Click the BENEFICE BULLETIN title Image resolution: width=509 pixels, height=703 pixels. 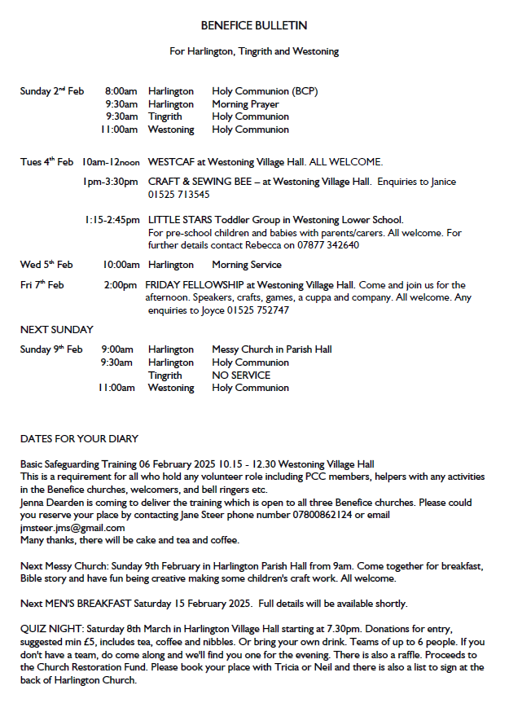tap(253, 27)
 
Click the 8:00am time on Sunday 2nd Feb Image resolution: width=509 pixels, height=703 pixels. tap(121, 91)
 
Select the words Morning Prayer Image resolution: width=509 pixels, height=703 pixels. tap(245, 104)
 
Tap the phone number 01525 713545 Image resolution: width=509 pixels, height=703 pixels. tap(178, 195)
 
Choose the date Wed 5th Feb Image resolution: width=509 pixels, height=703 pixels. tap(46, 265)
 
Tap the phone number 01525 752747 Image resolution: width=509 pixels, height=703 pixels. tap(261, 310)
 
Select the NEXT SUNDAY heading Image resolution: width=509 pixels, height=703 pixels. tap(56, 330)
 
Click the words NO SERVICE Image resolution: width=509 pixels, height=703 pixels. tap(241, 376)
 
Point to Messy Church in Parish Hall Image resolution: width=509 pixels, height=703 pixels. tap(272, 349)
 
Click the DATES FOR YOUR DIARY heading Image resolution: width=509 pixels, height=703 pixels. tap(79, 439)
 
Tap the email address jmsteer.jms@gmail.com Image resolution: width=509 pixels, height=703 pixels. tap(72, 528)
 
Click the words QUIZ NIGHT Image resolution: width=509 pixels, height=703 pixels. tap(47, 629)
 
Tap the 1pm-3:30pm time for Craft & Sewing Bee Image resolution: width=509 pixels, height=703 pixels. tap(110, 182)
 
